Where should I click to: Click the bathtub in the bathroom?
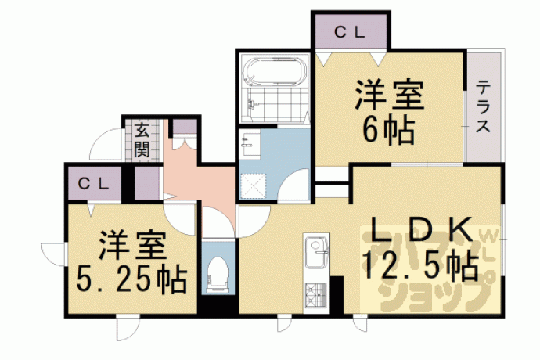tap(275, 72)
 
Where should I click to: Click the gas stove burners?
tap(315, 294)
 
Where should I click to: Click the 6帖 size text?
tap(389, 130)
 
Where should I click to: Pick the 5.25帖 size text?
tap(131, 279)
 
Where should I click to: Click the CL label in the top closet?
tap(349, 32)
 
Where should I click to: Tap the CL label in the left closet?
tap(93, 183)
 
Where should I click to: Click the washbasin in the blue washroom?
tap(250, 144)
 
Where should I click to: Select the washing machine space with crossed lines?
tap(253, 186)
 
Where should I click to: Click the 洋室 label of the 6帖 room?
tap(389, 95)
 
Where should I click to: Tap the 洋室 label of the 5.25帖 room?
tap(132, 246)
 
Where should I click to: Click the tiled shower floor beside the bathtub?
tap(275, 103)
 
